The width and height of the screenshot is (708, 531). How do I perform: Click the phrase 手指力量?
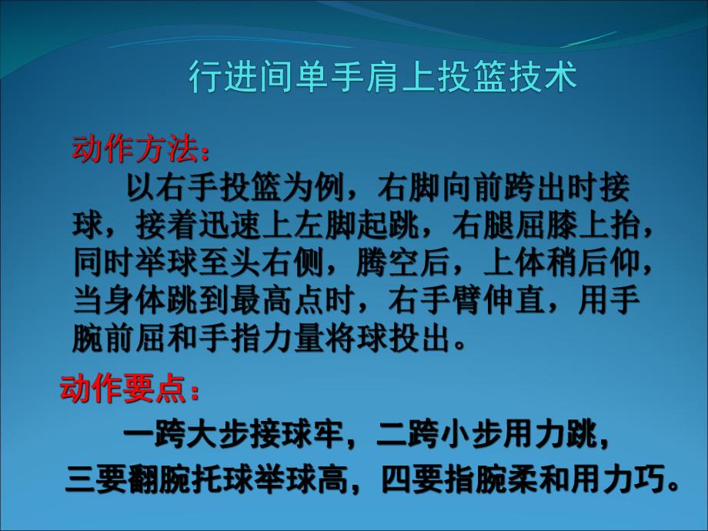255,339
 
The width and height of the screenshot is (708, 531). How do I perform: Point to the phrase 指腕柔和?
509,479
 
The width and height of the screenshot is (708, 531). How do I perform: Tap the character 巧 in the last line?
650,479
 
